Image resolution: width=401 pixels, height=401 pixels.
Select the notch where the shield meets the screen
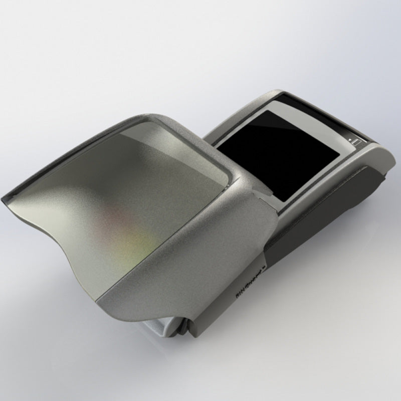click(x=258, y=193)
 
